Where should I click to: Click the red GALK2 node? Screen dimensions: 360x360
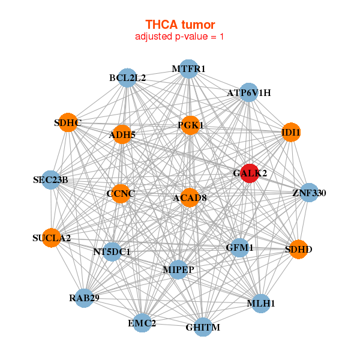(x=250, y=173)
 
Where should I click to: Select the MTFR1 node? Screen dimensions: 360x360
(x=188, y=69)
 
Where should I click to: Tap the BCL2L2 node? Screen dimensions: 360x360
(x=127, y=78)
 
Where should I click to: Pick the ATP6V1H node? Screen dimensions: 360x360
(x=249, y=92)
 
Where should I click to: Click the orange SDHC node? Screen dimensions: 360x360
(x=68, y=123)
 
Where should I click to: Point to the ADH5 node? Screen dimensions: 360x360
(x=122, y=134)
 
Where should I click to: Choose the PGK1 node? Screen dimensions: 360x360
(x=190, y=125)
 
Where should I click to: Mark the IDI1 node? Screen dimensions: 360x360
(x=291, y=132)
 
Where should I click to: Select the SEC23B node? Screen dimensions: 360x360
(x=50, y=180)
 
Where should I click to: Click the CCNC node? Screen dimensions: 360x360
(x=121, y=193)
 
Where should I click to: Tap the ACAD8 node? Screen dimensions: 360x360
(x=190, y=197)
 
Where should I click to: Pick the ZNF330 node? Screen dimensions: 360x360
(x=309, y=193)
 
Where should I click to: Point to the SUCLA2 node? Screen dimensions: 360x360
(x=52, y=238)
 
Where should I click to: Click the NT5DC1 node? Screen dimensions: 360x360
(x=112, y=251)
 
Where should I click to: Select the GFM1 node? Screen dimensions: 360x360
(x=239, y=247)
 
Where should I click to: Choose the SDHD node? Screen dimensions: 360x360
(x=298, y=249)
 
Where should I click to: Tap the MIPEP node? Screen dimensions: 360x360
(x=178, y=269)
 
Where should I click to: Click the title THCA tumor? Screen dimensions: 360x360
(x=180, y=25)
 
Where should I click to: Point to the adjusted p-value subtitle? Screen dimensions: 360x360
(x=180, y=37)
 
